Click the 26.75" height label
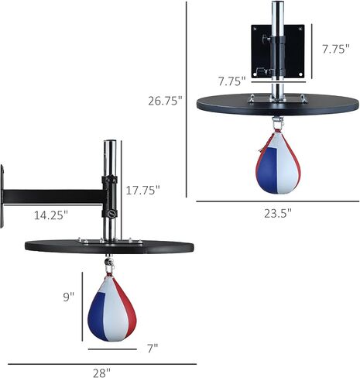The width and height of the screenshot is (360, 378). coord(166,101)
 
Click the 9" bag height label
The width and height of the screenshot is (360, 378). coord(69,296)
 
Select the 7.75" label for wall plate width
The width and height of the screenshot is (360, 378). coord(231,81)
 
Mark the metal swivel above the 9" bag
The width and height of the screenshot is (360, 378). coord(108,265)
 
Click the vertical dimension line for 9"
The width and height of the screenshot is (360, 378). coord(82,306)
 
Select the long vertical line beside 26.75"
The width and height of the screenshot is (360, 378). coord(188,101)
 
